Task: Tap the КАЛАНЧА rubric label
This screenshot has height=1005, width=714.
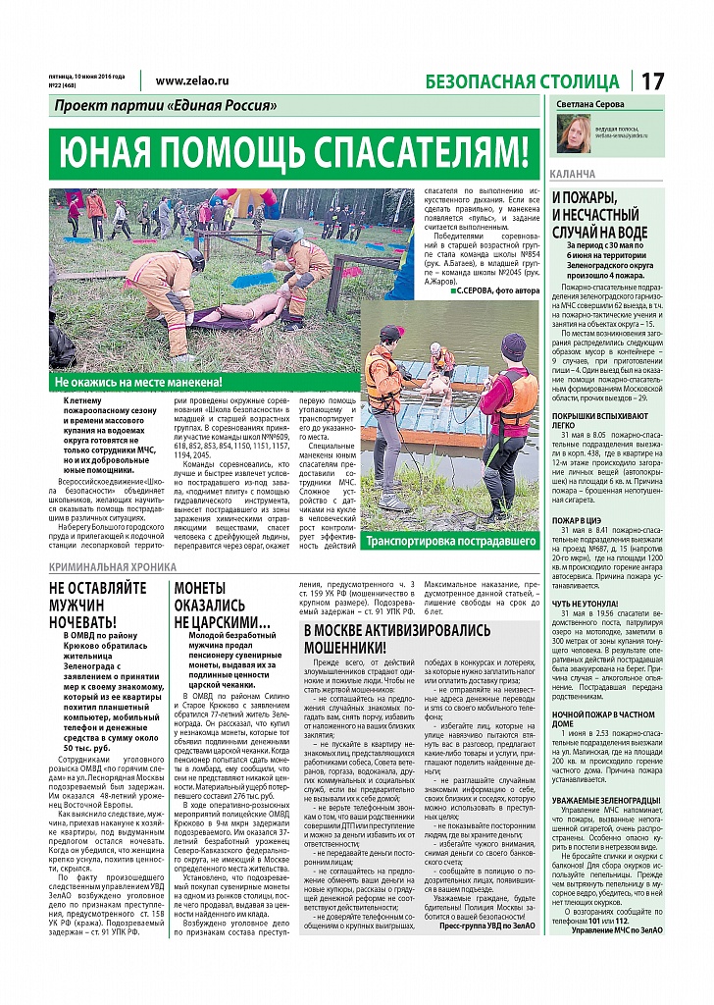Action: point(574,174)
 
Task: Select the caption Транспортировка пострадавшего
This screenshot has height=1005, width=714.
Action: point(450,541)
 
